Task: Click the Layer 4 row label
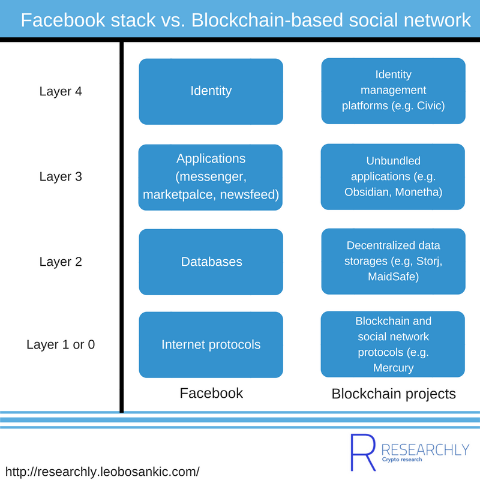pos(61,91)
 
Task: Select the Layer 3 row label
pos(61,176)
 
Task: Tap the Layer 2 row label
pos(61,262)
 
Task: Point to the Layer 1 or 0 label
pos(61,344)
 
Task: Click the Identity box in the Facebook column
pos(211,92)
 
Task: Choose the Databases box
pos(211,262)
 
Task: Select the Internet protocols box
pos(211,344)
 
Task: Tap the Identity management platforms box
pos(394,91)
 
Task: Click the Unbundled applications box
pos(393,176)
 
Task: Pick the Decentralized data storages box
pos(394,262)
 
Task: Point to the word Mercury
pos(394,368)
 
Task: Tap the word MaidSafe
pos(394,277)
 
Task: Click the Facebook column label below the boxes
pos(211,393)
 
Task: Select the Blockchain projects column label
pos(394,394)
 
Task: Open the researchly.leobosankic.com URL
pos(103,472)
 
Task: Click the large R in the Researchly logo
pos(363,452)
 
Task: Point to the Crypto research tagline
pos(402,460)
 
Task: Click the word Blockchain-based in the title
pos(267,20)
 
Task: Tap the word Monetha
pos(419,192)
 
